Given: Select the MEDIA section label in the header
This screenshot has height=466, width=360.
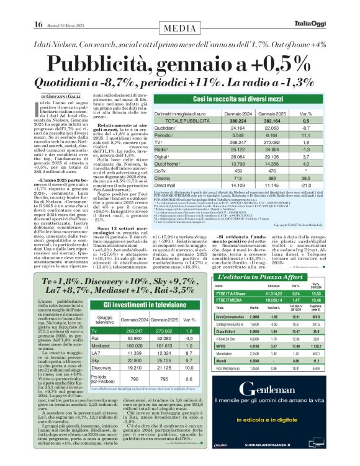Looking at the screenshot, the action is click(180, 27).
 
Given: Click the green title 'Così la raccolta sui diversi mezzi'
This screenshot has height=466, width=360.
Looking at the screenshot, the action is click(233, 99).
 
